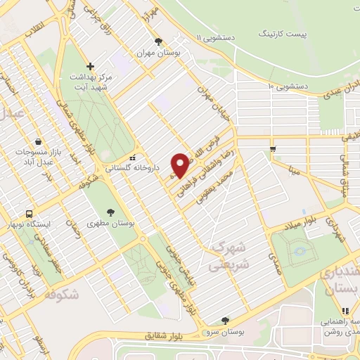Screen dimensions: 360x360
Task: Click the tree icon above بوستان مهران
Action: pyautogui.click(x=159, y=41)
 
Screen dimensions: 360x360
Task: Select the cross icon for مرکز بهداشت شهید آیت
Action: pyautogui.click(x=90, y=67)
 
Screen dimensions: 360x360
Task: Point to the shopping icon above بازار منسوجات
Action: pyautogui.click(x=37, y=141)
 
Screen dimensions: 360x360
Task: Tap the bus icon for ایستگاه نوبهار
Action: pyautogui.click(x=29, y=213)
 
